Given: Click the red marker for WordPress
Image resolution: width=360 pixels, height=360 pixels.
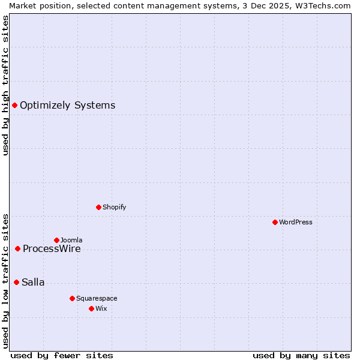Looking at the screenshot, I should [275, 222].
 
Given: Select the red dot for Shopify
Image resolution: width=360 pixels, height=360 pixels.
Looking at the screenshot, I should [98, 207].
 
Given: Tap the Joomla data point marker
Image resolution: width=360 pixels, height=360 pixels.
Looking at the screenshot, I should [56, 240].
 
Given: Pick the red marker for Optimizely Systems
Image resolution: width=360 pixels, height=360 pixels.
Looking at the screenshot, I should [14, 106].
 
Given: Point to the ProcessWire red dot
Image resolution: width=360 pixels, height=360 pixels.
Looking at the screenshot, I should [17, 248].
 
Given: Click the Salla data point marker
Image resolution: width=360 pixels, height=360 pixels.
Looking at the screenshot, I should [16, 282].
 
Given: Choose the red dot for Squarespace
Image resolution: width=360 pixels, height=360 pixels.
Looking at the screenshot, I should [72, 298].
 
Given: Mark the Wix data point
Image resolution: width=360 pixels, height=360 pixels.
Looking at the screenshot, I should [91, 308].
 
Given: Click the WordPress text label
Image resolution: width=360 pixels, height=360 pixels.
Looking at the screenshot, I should [296, 222].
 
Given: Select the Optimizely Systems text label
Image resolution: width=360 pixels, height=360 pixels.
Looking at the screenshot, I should [67, 106].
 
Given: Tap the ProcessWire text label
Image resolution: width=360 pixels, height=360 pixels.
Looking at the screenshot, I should [52, 249].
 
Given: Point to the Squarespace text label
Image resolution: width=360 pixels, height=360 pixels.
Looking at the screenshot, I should [97, 298].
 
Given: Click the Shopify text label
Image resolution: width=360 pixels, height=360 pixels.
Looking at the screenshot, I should [114, 207].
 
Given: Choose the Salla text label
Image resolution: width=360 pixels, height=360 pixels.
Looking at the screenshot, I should [33, 283].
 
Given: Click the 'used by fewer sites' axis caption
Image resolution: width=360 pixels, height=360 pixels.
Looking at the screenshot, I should [62, 355].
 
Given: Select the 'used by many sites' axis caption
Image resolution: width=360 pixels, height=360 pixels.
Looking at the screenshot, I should [301, 355].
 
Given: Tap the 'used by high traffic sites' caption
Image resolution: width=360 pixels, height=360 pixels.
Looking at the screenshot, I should [5, 85].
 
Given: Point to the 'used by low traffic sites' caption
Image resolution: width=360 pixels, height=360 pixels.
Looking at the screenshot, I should [5, 280].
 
